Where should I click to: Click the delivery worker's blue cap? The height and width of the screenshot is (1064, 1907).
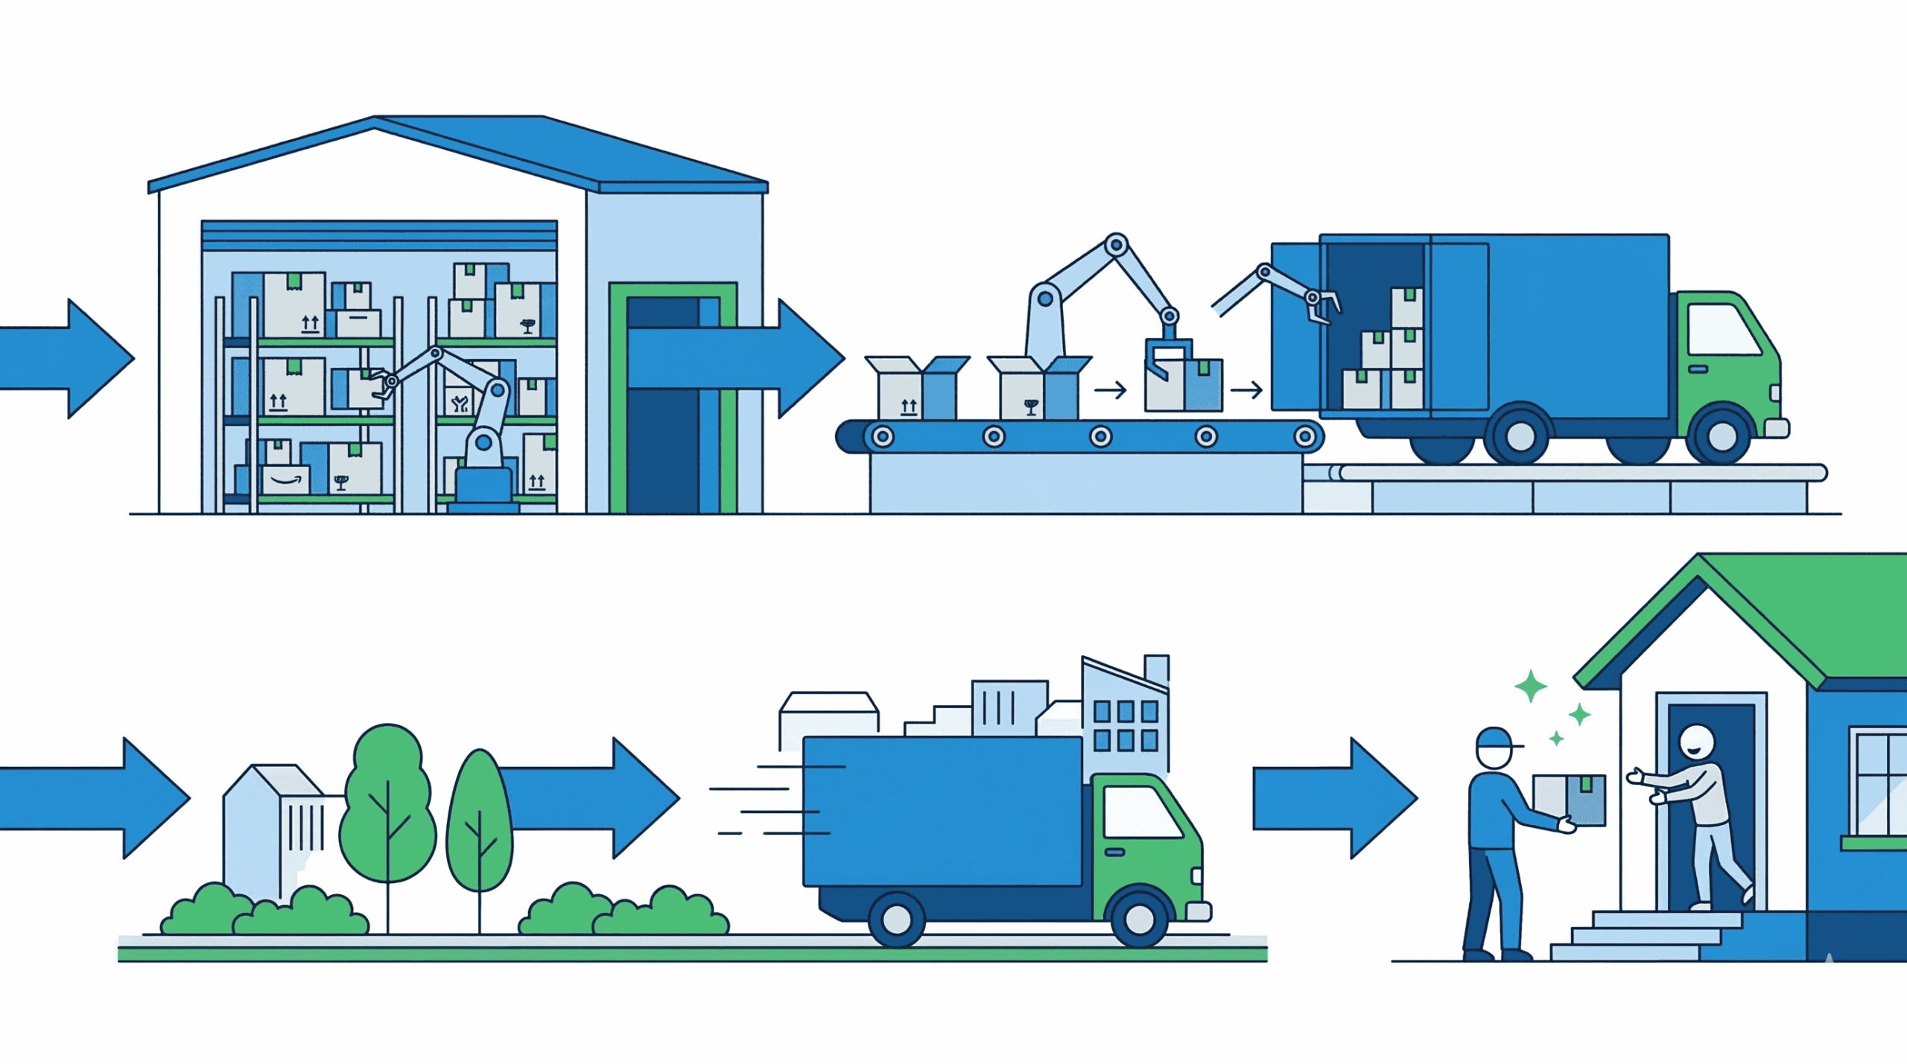(1495, 739)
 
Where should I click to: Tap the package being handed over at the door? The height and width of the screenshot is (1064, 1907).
(1569, 799)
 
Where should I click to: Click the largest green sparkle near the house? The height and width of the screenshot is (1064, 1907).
(1531, 686)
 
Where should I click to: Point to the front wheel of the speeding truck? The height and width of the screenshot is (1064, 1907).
(1139, 919)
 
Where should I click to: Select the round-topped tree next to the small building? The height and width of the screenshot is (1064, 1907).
(387, 804)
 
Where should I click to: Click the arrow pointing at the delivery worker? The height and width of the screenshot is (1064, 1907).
(1333, 798)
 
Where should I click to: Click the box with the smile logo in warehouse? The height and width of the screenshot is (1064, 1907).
(286, 480)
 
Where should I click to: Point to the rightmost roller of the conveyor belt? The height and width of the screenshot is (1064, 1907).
(1304, 436)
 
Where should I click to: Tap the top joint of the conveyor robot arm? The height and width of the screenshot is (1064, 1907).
(1116, 244)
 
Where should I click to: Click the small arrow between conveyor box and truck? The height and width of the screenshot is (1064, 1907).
(1246, 389)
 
